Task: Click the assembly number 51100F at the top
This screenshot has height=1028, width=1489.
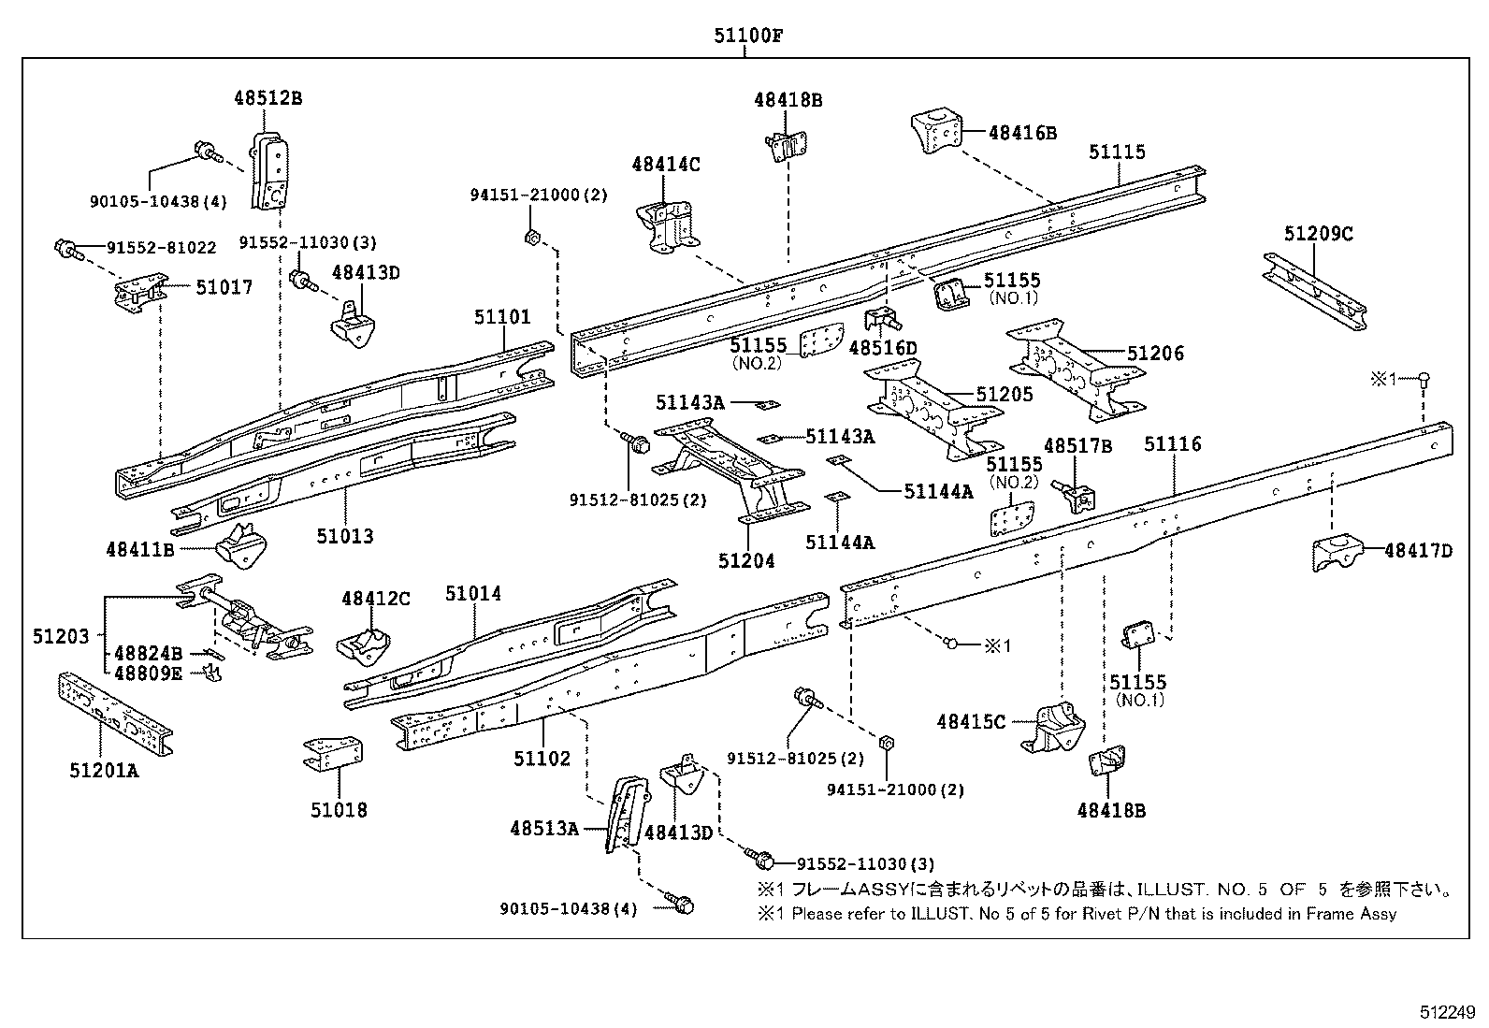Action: pyautogui.click(x=748, y=35)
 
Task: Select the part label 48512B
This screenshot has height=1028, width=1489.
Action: pyautogui.click(x=267, y=98)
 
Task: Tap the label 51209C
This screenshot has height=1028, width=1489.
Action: pyautogui.click(x=1318, y=234)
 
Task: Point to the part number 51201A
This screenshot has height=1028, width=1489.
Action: pyautogui.click(x=105, y=770)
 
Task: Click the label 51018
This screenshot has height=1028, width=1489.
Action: pyautogui.click(x=339, y=810)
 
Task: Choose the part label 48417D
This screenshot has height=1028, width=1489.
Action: pyautogui.click(x=1419, y=551)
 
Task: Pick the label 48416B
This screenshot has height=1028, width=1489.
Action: pyautogui.click(x=1022, y=133)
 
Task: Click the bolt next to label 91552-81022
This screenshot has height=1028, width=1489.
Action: pyautogui.click(x=67, y=250)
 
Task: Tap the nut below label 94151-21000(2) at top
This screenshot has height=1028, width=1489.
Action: pyautogui.click(x=532, y=237)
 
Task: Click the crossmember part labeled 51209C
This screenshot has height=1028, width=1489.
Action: pyautogui.click(x=1315, y=291)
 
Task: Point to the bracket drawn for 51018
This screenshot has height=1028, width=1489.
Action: pyautogui.click(x=333, y=753)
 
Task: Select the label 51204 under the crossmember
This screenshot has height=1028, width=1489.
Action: pyautogui.click(x=746, y=561)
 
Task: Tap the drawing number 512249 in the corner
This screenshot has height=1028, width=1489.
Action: pyautogui.click(x=1447, y=1012)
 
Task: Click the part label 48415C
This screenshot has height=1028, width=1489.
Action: pyautogui.click(x=971, y=721)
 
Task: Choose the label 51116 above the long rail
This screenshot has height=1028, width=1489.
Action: pyautogui.click(x=1173, y=443)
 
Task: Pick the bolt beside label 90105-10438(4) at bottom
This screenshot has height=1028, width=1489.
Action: pyautogui.click(x=679, y=904)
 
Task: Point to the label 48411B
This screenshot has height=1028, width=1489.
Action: pyautogui.click(x=140, y=549)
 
